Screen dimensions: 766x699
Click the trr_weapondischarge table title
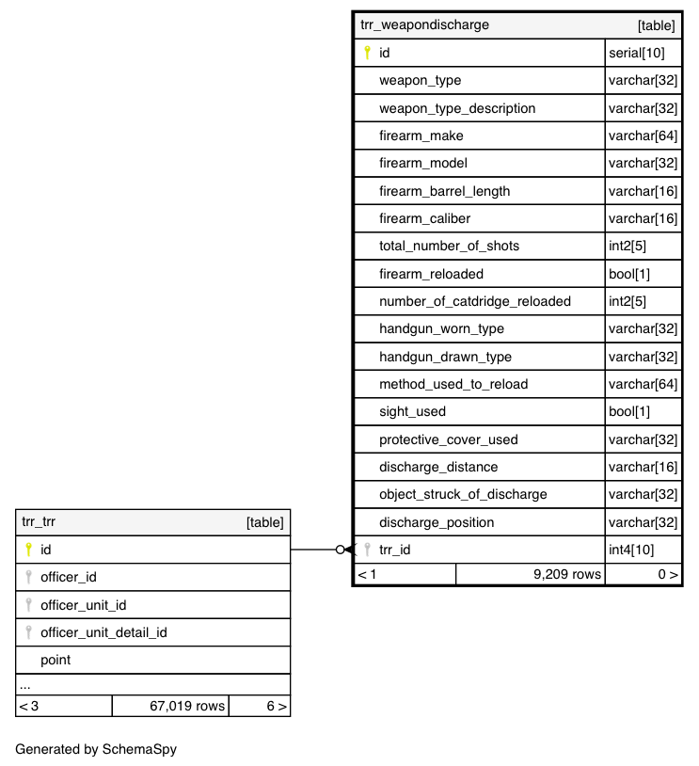pyautogui.click(x=424, y=25)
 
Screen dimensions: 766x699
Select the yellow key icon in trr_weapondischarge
pyautogui.click(x=367, y=54)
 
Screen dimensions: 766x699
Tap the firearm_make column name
pyautogui.click(x=421, y=136)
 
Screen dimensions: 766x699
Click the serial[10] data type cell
pyautogui.click(x=639, y=54)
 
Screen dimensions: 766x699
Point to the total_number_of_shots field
pyautogui.click(x=449, y=247)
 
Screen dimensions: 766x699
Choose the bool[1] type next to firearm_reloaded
pyautogui.click(x=629, y=275)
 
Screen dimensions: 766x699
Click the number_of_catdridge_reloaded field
pyautogui.click(x=474, y=302)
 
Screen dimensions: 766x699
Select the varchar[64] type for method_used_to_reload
pyautogui.click(x=643, y=385)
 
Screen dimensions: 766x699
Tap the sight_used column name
pyautogui.click(x=412, y=412)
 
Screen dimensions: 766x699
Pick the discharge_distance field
pyautogui.click(x=438, y=468)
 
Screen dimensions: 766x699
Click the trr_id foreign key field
pyautogui.click(x=394, y=551)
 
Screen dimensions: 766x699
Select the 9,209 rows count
pyautogui.click(x=566, y=574)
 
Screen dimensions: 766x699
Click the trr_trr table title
pyautogui.click(x=39, y=522)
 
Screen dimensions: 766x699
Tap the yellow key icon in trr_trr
pyautogui.click(x=28, y=550)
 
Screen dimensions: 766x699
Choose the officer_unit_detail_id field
pyautogui.click(x=103, y=632)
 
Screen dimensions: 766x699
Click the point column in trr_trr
pyautogui.click(x=56, y=661)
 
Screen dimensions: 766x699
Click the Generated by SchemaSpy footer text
pyautogui.click(x=96, y=750)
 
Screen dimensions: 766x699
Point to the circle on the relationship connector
pyautogui.click(x=341, y=550)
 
